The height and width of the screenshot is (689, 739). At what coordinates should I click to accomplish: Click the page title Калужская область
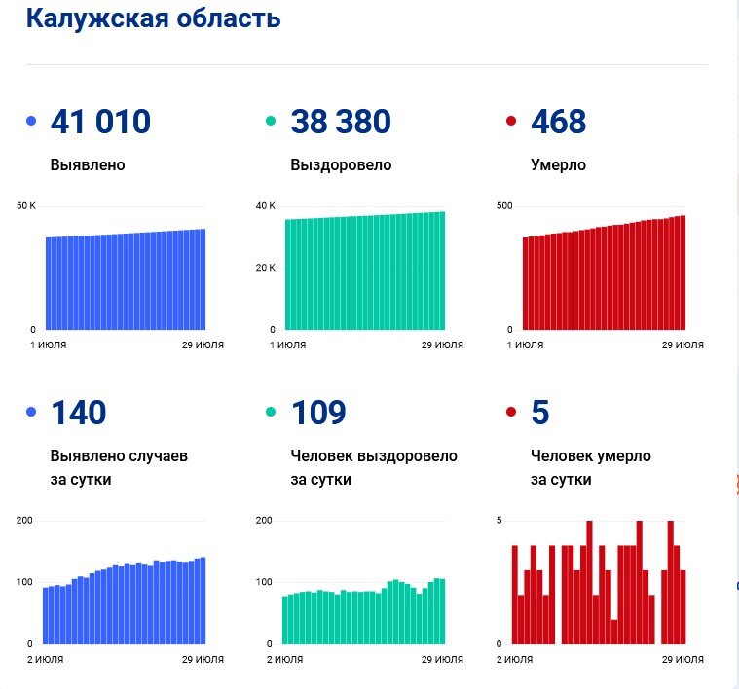153,18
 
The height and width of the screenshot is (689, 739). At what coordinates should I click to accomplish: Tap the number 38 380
340,122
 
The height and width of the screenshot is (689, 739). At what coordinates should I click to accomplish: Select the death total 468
558,122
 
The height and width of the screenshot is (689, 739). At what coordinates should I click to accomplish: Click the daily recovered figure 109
318,413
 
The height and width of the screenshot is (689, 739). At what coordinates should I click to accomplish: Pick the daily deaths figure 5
540,413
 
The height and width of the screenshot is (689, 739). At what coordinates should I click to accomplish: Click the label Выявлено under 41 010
88,165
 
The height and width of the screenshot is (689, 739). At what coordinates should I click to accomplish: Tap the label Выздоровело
341,165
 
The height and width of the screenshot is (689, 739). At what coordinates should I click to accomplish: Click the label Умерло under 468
558,165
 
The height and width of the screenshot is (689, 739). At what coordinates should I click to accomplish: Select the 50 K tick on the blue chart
26,206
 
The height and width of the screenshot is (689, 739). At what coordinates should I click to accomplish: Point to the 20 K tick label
266,268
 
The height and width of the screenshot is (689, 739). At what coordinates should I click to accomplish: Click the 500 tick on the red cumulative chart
504,206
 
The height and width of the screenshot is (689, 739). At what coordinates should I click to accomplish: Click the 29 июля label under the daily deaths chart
683,660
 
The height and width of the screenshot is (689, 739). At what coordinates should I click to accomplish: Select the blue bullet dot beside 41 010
31,122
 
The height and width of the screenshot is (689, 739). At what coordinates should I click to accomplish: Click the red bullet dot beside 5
511,413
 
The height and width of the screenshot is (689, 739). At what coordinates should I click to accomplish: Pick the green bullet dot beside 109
272,413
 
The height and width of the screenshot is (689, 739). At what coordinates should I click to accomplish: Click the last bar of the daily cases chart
203,600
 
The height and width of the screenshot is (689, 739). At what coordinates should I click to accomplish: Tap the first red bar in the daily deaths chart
515,594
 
